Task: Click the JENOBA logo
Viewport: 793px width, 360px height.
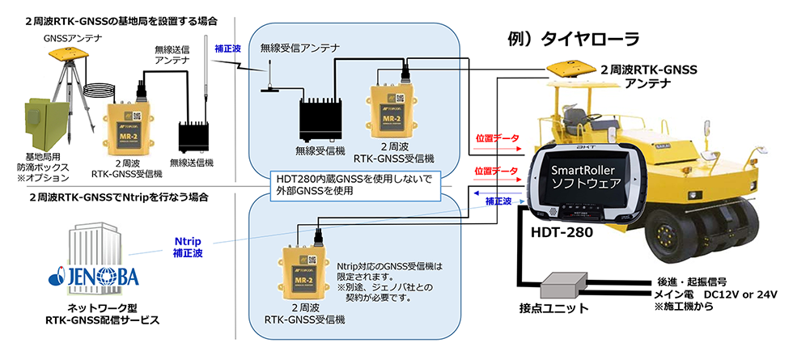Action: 95,277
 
